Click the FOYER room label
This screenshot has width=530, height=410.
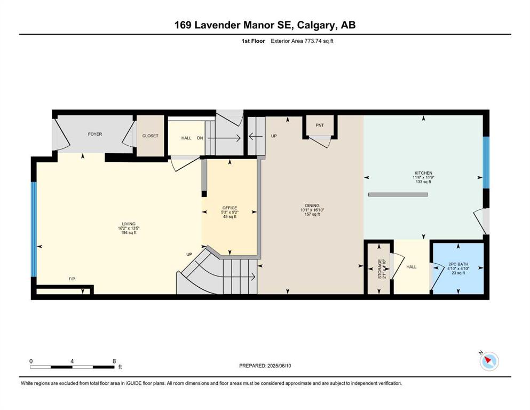95,134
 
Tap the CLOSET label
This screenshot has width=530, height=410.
150,136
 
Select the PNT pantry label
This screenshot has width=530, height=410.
320,125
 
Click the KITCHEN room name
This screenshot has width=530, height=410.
423,173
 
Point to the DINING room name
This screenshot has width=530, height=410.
312,206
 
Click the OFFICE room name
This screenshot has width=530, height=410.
230,208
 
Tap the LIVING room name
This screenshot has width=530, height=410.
129,224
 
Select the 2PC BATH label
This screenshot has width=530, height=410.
458,264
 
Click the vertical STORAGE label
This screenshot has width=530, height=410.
380,269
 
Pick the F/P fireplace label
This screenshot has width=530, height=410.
72,279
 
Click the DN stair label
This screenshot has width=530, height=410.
200,138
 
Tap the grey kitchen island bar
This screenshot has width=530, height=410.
398,194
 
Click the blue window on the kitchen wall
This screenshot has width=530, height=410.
486,162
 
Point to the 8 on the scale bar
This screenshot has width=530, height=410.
114,361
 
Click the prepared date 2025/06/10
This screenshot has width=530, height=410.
279,366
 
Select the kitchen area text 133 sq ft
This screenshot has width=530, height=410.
423,182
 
